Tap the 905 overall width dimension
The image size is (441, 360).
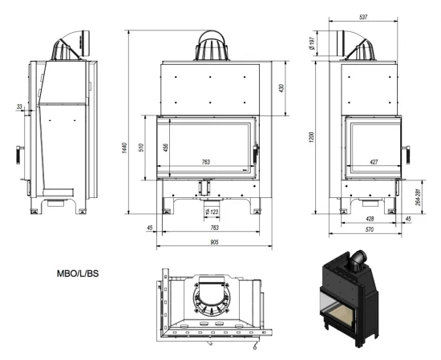coord(209,241)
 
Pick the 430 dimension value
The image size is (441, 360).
coord(281,87)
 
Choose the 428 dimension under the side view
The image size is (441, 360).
coord(370,218)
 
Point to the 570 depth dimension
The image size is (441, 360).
coord(370,231)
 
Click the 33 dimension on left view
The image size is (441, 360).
coord(19,106)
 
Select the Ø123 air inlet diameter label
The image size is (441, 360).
coord(213,212)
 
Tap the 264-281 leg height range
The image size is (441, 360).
coord(419,196)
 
